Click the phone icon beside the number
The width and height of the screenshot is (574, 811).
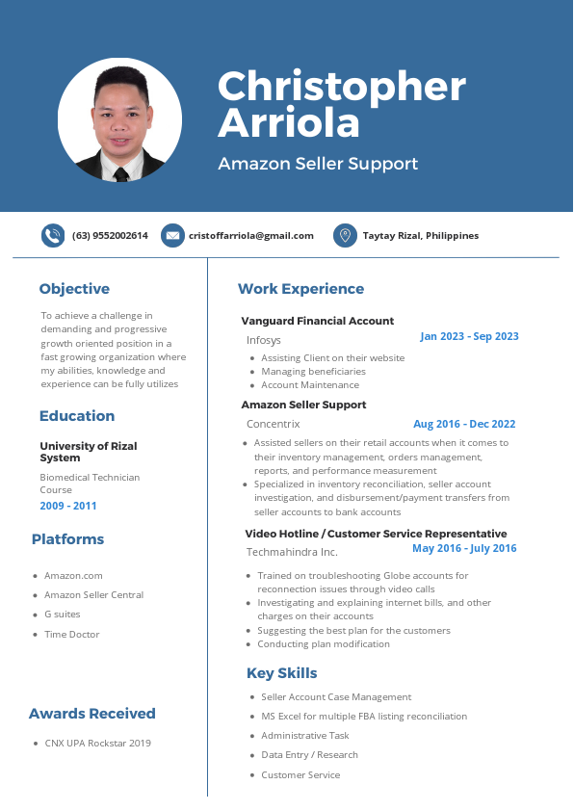pyautogui.click(x=53, y=235)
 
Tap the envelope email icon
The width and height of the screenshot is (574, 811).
pyautogui.click(x=172, y=235)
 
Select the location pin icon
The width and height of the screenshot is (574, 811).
pyautogui.click(x=345, y=235)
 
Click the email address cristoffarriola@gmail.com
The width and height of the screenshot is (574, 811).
pyautogui.click(x=250, y=236)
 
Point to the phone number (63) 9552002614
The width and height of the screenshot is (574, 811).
pyautogui.click(x=110, y=236)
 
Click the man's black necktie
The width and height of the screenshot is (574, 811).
pyautogui.click(x=121, y=174)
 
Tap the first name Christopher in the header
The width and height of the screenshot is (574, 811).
pyautogui.click(x=342, y=87)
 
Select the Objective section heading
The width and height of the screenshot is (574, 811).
pyautogui.click(x=74, y=289)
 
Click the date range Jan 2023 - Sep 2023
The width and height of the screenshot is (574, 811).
pyautogui.click(x=469, y=336)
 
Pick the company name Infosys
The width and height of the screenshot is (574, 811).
pyautogui.click(x=264, y=340)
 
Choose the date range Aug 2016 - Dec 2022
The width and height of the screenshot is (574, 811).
pyautogui.click(x=464, y=424)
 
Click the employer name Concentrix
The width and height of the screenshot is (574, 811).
pyautogui.click(x=274, y=424)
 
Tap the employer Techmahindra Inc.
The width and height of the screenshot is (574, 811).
pyautogui.click(x=292, y=552)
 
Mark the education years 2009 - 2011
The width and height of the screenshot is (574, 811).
pyautogui.click(x=68, y=506)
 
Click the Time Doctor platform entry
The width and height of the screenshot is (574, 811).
pyautogui.click(x=72, y=635)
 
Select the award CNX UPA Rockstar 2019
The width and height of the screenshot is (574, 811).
pyautogui.click(x=98, y=744)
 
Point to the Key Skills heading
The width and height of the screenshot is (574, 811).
pyautogui.click(x=282, y=673)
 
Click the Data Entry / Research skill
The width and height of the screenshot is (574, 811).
pyautogui.click(x=309, y=755)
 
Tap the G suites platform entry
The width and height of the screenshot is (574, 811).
pyautogui.click(x=63, y=615)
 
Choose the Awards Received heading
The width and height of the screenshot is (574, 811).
pyautogui.click(x=92, y=714)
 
